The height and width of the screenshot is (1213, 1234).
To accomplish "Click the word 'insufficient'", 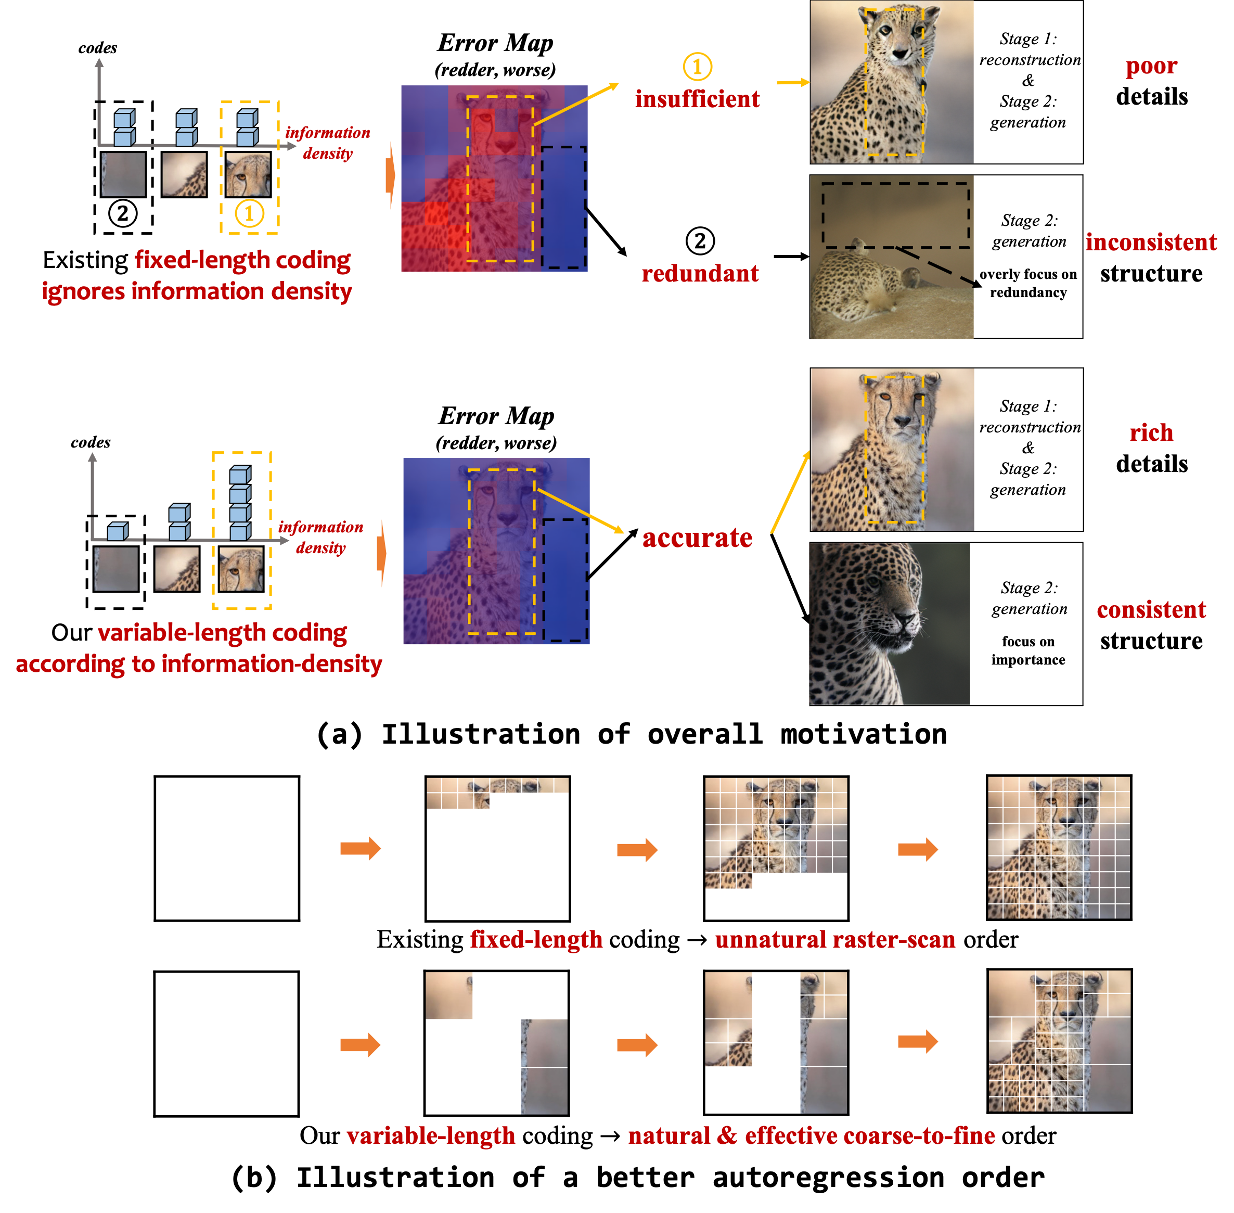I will (697, 99).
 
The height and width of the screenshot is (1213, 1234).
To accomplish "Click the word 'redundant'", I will (700, 274).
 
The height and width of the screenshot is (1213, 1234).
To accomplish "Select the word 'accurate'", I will (697, 539).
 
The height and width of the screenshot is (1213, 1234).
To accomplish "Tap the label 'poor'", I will (1151, 66).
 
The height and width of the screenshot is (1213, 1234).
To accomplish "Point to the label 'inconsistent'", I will (1151, 242).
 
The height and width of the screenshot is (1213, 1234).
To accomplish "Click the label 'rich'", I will (1151, 433).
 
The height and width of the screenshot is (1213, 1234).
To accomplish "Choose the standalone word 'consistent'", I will (1151, 610).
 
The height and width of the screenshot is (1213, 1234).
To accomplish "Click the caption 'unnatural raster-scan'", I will (834, 940).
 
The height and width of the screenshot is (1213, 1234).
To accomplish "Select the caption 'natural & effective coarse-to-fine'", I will (811, 1136).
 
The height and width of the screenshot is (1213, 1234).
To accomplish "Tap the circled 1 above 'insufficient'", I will (697, 66).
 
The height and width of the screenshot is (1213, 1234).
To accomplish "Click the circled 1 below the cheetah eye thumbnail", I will (249, 213).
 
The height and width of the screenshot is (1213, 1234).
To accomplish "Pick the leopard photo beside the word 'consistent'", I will (890, 624).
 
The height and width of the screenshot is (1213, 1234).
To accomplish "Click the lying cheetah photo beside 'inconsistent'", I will (891, 258).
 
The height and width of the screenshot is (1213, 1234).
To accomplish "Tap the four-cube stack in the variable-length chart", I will (239, 503).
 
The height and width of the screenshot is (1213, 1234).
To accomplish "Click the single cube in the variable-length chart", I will (117, 531).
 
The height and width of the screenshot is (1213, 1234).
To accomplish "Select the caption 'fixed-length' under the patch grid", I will (536, 940).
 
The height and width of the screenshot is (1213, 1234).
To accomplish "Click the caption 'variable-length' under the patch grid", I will (431, 1136).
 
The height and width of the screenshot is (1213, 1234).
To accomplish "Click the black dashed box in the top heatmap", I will (563, 208).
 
